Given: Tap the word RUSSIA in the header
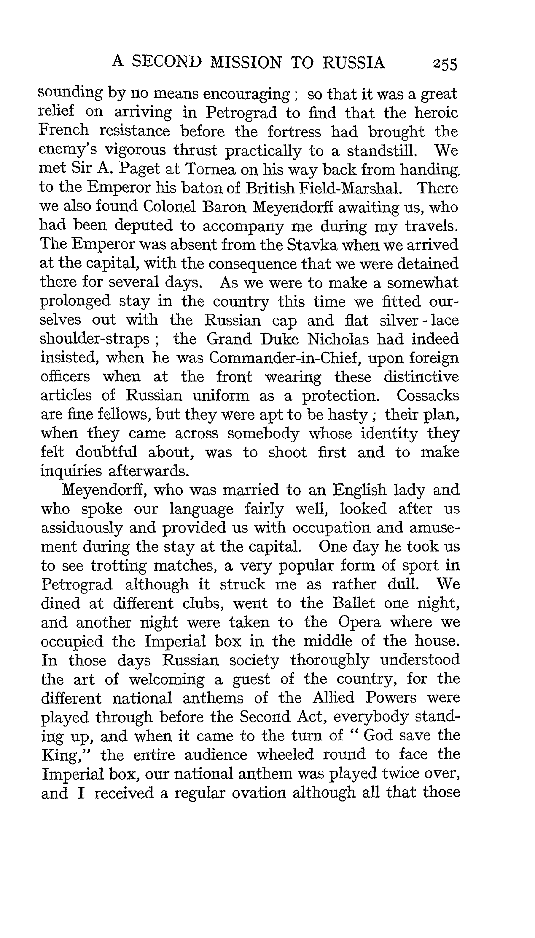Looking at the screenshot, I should tap(354, 62).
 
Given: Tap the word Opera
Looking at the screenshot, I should tap(359, 622).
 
